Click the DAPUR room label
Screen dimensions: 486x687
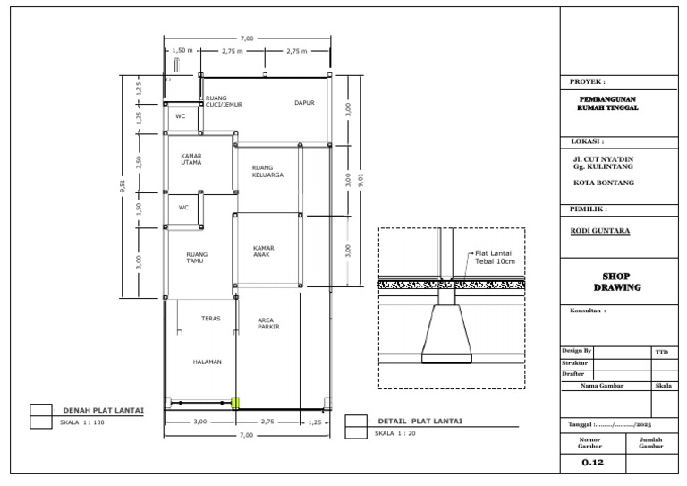(304, 103)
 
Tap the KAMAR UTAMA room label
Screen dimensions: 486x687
(191, 159)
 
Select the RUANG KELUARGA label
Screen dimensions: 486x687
(267, 171)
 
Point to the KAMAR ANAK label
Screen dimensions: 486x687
(263, 251)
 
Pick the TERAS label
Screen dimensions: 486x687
(211, 319)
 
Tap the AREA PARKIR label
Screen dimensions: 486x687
(268, 323)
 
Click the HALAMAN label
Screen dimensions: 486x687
(207, 362)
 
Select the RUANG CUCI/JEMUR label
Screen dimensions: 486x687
(224, 101)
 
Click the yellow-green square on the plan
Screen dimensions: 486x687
(236, 404)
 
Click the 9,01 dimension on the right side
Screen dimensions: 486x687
(361, 179)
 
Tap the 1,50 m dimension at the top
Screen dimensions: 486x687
(182, 51)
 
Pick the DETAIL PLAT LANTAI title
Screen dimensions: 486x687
(419, 421)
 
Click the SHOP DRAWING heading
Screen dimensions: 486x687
(618, 282)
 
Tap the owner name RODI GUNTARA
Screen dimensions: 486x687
(600, 231)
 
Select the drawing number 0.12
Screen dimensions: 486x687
(593, 463)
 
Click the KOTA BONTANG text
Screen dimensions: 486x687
(604, 183)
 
